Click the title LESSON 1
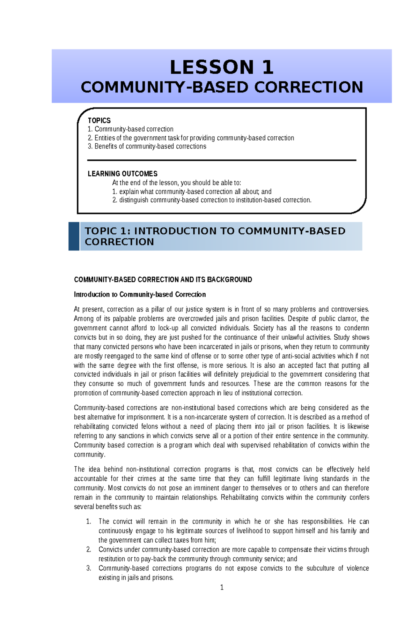coord(221,67)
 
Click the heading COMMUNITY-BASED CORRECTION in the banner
coord(222,87)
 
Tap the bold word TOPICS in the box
coord(99,121)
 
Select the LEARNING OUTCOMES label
coord(123,174)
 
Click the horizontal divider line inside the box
coord(221,160)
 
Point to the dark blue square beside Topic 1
coord(74,236)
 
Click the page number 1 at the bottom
coord(222,587)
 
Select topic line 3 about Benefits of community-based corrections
coord(147,146)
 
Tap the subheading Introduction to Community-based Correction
coord(140,294)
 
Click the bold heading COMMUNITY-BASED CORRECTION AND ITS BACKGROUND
coord(163,280)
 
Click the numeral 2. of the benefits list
coord(89,550)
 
